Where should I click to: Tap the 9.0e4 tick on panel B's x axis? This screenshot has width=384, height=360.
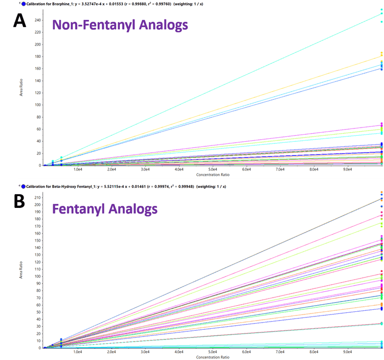(348, 352)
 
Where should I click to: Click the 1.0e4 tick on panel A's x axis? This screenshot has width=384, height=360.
(78, 169)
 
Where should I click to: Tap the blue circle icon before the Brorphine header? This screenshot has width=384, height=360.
(23, 4)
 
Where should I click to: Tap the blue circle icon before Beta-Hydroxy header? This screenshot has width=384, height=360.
(23, 187)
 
